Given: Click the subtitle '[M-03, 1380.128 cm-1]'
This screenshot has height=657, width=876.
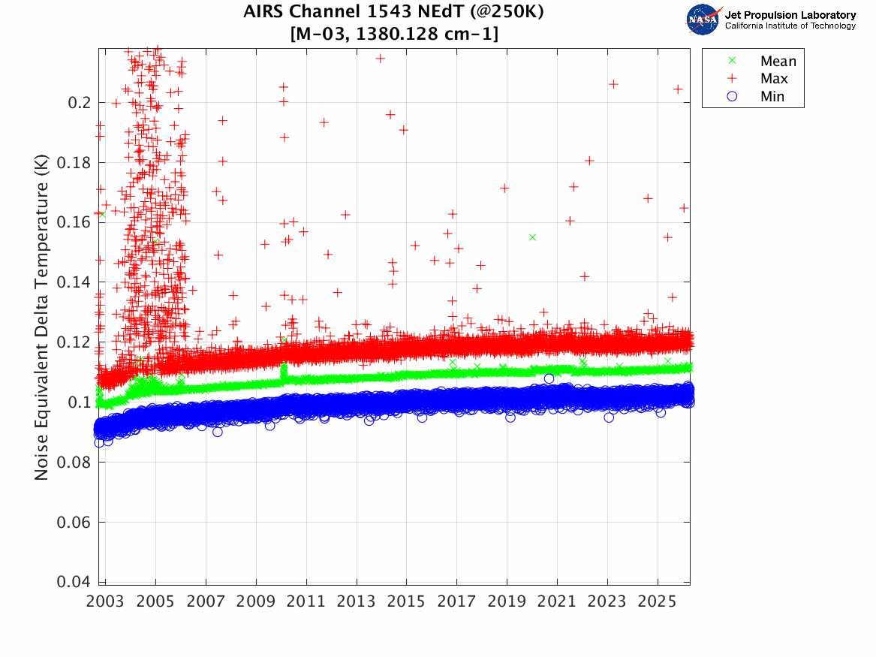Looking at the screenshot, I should pyautogui.click(x=393, y=34).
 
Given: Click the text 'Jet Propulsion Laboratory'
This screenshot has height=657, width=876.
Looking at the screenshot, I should pyautogui.click(x=790, y=15).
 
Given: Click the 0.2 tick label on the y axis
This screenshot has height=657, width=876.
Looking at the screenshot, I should pyautogui.click(x=79, y=102).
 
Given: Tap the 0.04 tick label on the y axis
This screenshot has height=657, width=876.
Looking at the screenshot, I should pyautogui.click(x=75, y=582).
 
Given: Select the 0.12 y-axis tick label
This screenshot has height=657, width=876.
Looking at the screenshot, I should pyautogui.click(x=75, y=342).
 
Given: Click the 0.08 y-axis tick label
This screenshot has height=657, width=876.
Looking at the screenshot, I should pyautogui.click(x=75, y=463).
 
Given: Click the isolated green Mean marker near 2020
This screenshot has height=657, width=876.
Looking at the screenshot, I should pyautogui.click(x=532, y=237).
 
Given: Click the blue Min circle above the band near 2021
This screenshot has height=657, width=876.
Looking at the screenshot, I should pyautogui.click(x=549, y=378).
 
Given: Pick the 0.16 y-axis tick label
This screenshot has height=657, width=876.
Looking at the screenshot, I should pyautogui.click(x=75, y=222).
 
